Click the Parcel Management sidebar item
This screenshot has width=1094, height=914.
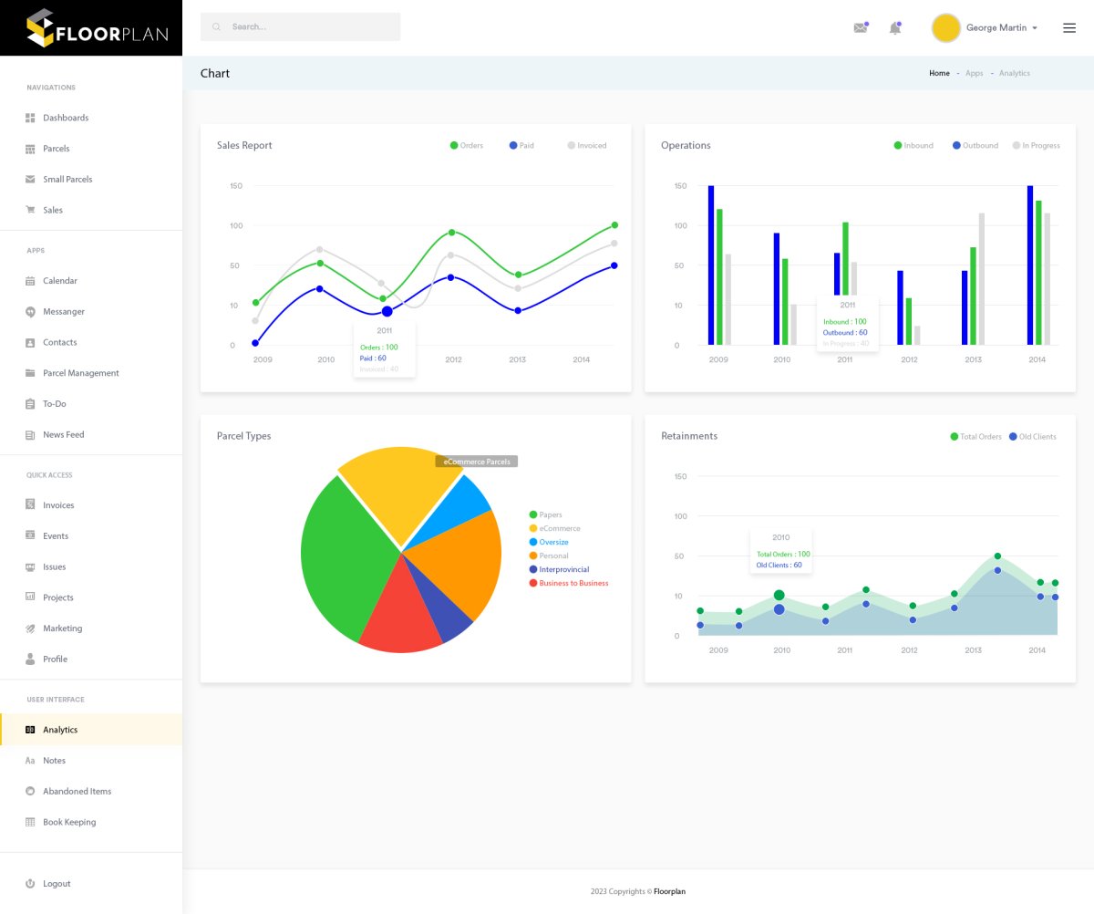[x=80, y=373]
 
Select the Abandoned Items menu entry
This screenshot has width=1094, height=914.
[x=77, y=791]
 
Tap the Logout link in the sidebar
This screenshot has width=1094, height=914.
[x=56, y=884]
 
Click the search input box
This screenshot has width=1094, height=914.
[x=300, y=26]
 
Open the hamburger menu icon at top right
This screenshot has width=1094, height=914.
[x=1069, y=27]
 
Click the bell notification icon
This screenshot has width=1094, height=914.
[x=894, y=28]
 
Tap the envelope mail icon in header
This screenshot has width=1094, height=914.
[x=860, y=28]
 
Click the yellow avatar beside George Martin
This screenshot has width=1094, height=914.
[x=945, y=27]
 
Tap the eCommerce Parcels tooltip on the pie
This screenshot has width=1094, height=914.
[x=477, y=462]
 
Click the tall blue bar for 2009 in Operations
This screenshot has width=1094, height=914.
[x=711, y=265]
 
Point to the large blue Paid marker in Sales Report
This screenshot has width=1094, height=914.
[x=387, y=312]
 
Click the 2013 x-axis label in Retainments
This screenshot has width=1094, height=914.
[x=973, y=650]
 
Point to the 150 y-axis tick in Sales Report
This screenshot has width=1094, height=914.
[x=236, y=186]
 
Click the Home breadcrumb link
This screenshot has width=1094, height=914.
[x=939, y=73]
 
